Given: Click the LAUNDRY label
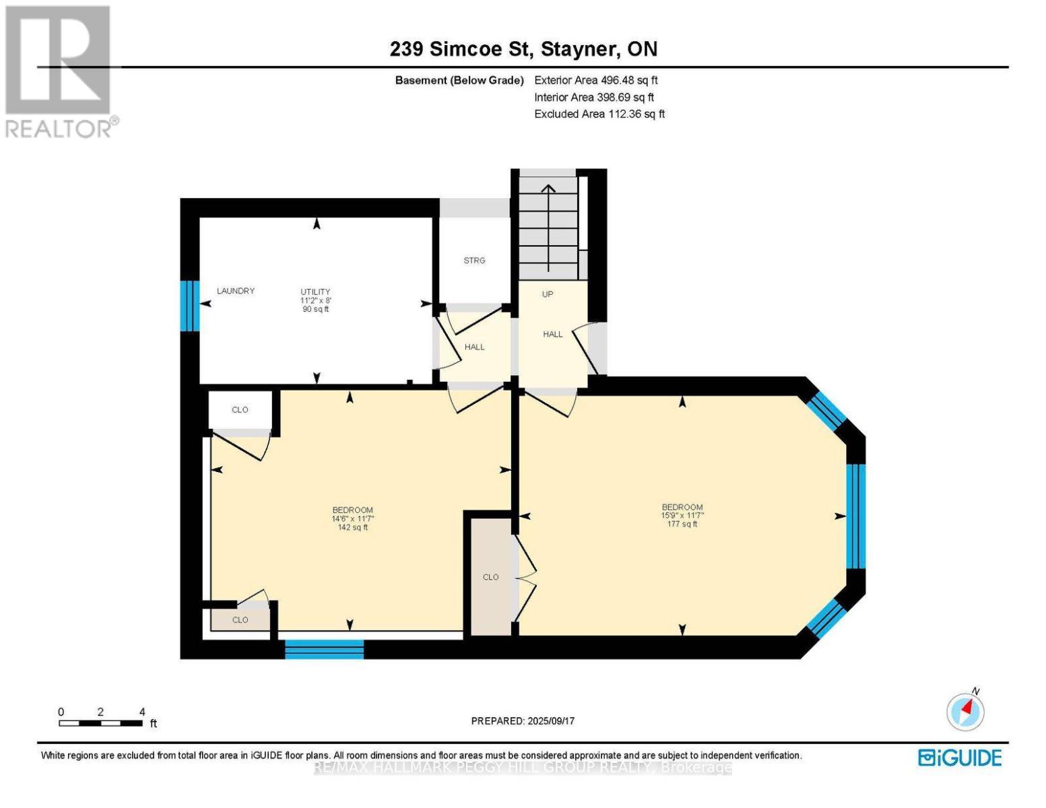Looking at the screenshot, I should point(235,291).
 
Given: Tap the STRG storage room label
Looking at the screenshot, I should point(474,261).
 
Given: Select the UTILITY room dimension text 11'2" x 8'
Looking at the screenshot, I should point(315,300).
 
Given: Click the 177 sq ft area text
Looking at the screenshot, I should point(682,524).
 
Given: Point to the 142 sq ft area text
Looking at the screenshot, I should point(352,527).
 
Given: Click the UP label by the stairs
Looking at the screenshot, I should point(548,294).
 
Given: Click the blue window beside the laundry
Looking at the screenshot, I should point(189,306).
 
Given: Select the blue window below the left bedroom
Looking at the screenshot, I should point(324,649).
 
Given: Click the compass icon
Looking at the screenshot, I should point(965,711).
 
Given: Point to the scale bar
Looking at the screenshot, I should point(100,723).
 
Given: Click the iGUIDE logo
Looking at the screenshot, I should point(960,757).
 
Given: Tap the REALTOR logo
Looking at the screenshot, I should point(59,71).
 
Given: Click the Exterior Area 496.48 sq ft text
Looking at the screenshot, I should point(595,80).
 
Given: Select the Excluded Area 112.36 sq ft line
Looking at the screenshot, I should point(599,114).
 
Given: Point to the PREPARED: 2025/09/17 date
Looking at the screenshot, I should point(523,721).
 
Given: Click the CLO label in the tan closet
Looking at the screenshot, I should point(490,577).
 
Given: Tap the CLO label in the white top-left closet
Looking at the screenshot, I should point(240,410).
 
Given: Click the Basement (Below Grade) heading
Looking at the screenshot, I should point(459,80).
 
